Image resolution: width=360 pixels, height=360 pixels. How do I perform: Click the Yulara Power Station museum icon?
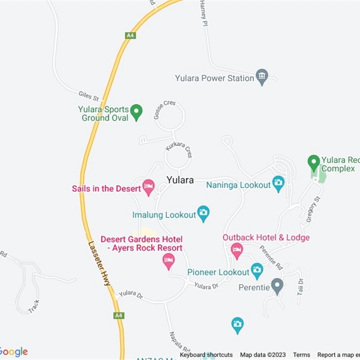coord(261,77)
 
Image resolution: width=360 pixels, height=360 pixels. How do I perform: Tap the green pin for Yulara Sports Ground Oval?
coord(136,112)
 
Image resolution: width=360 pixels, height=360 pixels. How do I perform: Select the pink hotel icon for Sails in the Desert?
coord(148,187)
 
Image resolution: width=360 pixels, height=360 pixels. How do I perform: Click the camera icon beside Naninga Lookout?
coord(279,183)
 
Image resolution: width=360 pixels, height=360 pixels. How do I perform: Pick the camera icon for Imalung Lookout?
coord(203,213)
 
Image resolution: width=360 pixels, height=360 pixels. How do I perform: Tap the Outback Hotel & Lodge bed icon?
coord(237,250)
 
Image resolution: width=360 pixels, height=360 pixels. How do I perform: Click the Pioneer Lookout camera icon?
coord(256,270)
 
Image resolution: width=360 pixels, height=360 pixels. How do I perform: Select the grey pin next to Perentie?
coord(277,286)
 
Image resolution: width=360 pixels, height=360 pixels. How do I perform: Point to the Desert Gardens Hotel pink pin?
coord(168,261)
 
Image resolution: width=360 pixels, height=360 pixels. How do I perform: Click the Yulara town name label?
coord(180,180)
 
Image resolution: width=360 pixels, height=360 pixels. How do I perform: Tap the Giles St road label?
coord(88,95)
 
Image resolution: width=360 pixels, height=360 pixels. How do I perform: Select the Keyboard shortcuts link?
coord(206,355)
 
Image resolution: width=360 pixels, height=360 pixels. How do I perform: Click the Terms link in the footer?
coord(301,355)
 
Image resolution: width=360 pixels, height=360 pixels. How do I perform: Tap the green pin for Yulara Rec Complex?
coord(313,162)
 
